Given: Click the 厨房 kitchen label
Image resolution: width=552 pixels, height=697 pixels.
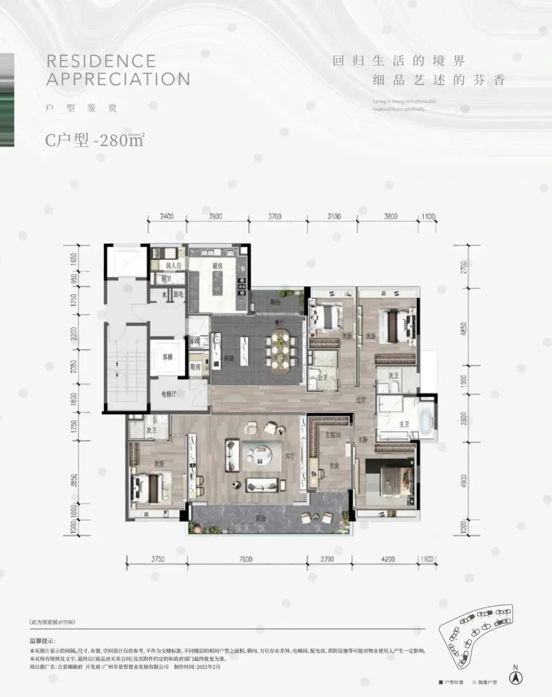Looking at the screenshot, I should (x=218, y=266).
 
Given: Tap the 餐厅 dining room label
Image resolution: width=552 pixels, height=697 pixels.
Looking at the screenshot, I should (x=279, y=323).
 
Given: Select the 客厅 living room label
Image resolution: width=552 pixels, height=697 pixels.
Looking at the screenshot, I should (x=290, y=456).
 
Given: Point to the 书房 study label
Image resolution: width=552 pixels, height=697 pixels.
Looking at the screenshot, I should (x=334, y=466).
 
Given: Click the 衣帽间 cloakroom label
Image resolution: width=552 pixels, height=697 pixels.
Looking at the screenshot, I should (x=332, y=435).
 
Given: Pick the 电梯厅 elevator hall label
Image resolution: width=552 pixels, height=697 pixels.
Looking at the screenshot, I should (x=169, y=394).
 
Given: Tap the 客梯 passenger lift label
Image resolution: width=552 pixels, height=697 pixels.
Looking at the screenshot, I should (x=167, y=357).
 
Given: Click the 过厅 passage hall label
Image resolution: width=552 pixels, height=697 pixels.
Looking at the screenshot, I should (x=361, y=400).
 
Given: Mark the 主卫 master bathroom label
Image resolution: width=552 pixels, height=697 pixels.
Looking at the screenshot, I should (x=404, y=424).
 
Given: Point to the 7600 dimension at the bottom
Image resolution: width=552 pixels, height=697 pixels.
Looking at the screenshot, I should (x=245, y=559).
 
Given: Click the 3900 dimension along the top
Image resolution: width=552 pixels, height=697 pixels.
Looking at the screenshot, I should (x=216, y=216).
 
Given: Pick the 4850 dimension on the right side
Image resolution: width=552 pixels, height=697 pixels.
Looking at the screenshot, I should (x=464, y=327).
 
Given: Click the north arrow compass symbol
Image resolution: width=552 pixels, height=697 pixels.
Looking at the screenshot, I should (x=516, y=678).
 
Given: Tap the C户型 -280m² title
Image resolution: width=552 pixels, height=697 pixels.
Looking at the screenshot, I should (x=95, y=140).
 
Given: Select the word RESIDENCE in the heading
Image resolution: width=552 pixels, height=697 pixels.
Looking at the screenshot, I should (x=101, y=61).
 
